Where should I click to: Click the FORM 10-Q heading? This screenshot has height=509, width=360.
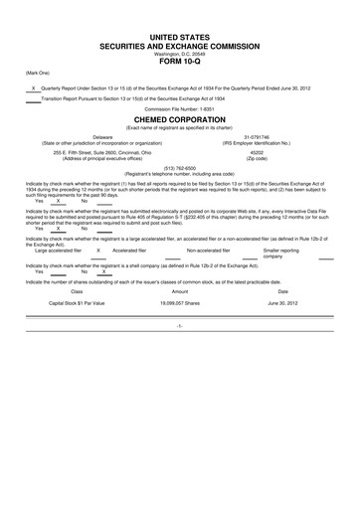click(x=180, y=62)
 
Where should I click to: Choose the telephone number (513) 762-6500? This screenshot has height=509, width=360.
click(x=180, y=169)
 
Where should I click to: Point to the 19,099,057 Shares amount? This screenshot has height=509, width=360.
click(x=180, y=302)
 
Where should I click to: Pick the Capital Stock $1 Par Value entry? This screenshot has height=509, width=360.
click(x=77, y=302)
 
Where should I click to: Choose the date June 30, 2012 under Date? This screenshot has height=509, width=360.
click(x=282, y=302)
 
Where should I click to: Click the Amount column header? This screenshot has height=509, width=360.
click(x=180, y=289)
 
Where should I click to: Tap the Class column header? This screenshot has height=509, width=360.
click(x=77, y=289)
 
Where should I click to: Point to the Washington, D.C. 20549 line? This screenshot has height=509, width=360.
click(x=180, y=52)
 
